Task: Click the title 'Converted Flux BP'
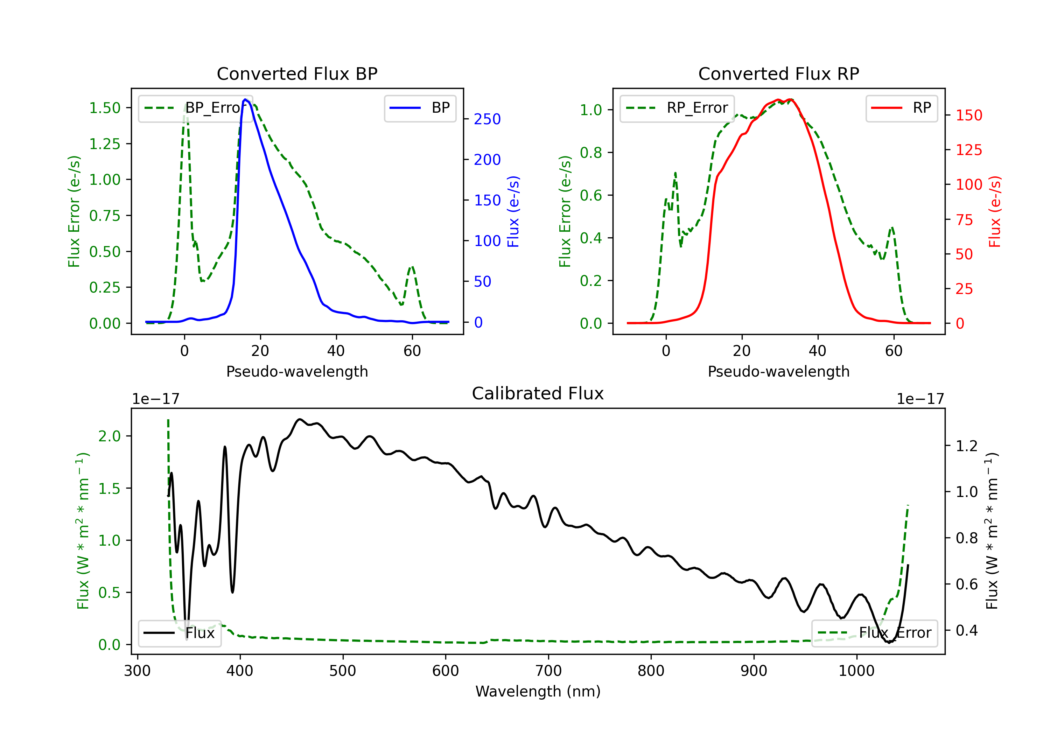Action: coord(297,73)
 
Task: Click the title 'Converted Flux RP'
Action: coord(778,73)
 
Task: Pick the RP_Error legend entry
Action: coord(677,108)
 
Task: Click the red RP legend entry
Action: coord(901,108)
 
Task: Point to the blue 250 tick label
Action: coord(487,119)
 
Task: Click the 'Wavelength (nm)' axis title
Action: coord(538,691)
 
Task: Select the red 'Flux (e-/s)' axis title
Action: coord(995,211)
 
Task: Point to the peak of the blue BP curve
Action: coord(246,99)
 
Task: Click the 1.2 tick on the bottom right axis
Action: coord(966,446)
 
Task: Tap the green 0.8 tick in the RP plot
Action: coord(591,152)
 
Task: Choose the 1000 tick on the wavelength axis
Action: coord(856,671)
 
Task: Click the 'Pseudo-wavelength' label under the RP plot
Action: coord(778,371)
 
